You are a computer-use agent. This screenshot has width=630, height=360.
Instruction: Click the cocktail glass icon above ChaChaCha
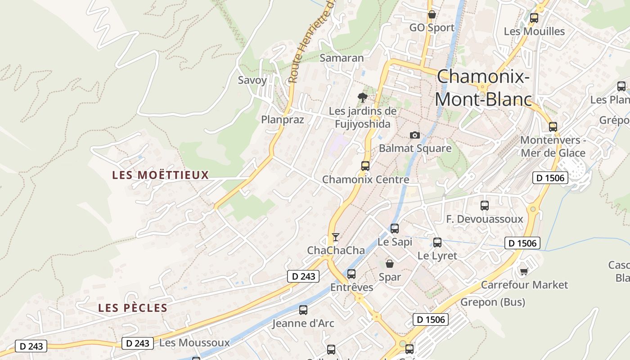[x=335, y=237]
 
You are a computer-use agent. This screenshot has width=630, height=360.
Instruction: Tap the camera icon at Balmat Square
[x=415, y=135]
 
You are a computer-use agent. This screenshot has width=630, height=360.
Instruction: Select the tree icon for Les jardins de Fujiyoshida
[x=362, y=97]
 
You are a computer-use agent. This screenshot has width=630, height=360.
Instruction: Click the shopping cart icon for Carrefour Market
[x=524, y=271]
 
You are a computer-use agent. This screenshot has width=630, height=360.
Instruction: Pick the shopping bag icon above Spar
[x=390, y=264]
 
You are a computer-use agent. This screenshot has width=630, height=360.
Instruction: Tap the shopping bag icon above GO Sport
[x=432, y=14]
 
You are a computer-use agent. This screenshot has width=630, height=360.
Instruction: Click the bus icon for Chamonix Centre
[x=365, y=166]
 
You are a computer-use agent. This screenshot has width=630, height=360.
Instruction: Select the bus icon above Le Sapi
[x=395, y=228]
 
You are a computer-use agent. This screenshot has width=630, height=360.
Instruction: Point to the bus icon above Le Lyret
[x=437, y=243]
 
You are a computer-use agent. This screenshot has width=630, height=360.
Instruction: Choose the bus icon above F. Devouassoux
[x=485, y=206]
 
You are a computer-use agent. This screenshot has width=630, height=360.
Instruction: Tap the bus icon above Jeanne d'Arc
[x=303, y=310]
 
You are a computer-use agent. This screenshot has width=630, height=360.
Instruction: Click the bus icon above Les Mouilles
[x=534, y=18]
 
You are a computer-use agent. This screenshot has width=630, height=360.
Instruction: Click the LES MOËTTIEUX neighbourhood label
[x=161, y=175]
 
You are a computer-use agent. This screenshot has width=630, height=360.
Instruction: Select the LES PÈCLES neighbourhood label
[x=133, y=308]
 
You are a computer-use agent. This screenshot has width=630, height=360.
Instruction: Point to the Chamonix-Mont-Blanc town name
[x=483, y=88]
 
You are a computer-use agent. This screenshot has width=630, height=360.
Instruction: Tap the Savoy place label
[x=252, y=81]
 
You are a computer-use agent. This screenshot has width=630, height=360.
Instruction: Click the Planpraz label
[x=283, y=120]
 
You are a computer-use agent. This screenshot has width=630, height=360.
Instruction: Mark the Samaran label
[x=342, y=58]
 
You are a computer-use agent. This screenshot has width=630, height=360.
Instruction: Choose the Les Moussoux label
[x=194, y=343]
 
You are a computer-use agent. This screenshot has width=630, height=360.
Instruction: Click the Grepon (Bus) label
[x=492, y=302]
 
